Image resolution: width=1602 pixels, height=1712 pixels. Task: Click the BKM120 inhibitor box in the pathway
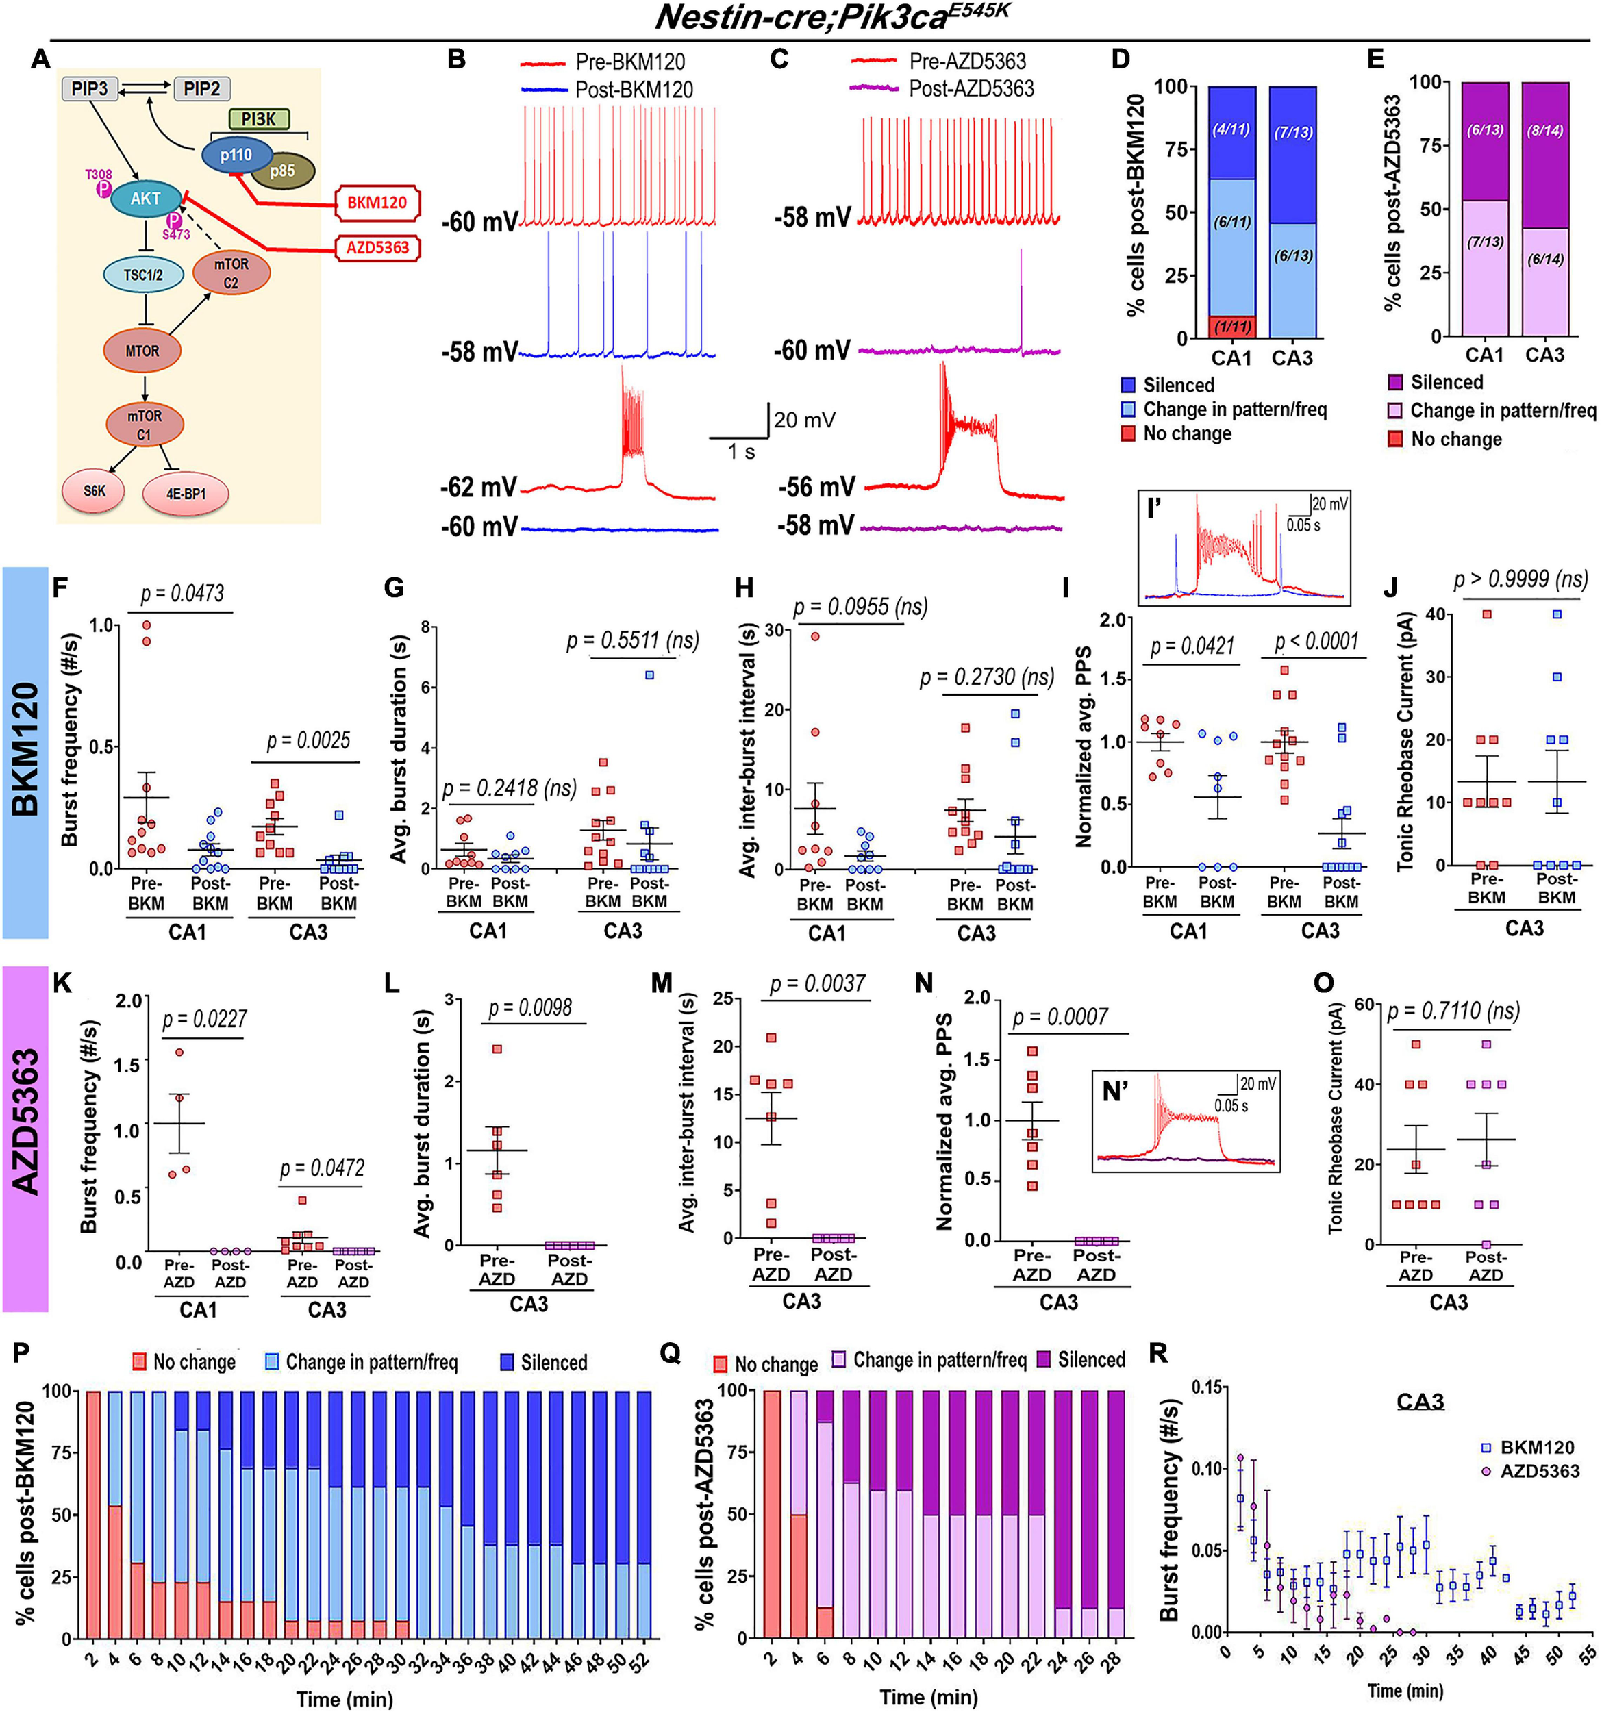pyautogui.click(x=377, y=203)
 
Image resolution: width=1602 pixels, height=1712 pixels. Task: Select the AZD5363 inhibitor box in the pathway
pyautogui.click(x=377, y=248)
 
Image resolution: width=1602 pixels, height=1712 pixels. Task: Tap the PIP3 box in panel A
pyautogui.click(x=90, y=89)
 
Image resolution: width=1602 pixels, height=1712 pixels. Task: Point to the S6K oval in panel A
pyautogui.click(x=94, y=491)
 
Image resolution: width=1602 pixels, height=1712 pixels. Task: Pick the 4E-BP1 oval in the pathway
pyautogui.click(x=186, y=494)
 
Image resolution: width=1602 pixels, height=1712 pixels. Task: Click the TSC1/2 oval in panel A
pyautogui.click(x=143, y=275)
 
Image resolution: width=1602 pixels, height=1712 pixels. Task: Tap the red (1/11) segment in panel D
pyautogui.click(x=1233, y=327)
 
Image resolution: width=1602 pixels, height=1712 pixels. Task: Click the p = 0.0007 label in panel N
pyautogui.click(x=1060, y=1017)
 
